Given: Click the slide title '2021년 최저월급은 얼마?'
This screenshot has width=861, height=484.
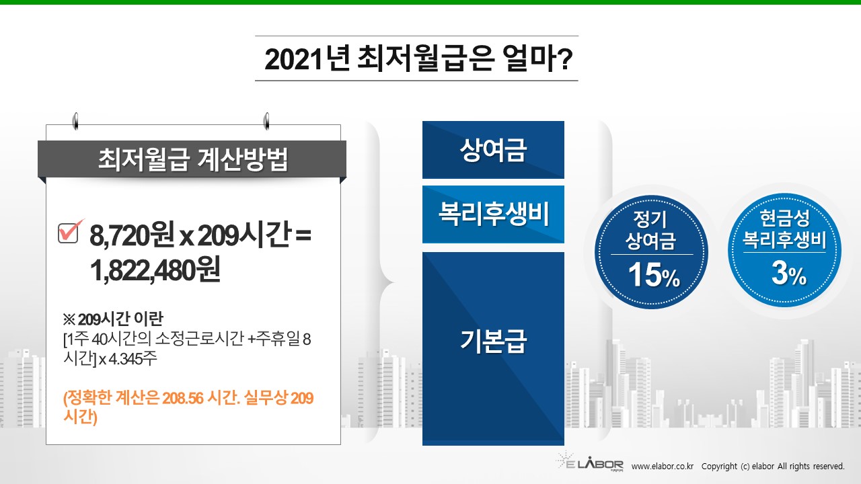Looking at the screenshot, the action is pos(418,58).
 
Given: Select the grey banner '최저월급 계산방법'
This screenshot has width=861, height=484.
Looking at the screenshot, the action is pos(192,159).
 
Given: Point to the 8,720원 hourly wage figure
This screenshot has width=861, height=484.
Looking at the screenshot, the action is pos(132,235).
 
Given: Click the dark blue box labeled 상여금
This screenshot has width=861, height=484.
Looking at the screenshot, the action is pos(493,150).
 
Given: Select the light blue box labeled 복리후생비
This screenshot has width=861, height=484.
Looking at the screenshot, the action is pos(493,214).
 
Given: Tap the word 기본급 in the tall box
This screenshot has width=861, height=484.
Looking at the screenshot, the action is pos(493,341).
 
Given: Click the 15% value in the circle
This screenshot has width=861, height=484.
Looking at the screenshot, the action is pos(654,275).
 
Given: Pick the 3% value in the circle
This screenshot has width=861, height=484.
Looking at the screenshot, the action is pos(789,273).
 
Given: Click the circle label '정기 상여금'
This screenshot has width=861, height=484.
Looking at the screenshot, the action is pos(650,230).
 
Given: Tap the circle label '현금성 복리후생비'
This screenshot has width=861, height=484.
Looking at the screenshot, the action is pos(784,229).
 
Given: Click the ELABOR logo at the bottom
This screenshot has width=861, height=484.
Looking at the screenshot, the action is pos(590,461).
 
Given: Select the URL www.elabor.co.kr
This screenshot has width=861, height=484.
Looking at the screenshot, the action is pos(663,467).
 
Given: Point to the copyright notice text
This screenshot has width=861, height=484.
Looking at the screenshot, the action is pos(773,467).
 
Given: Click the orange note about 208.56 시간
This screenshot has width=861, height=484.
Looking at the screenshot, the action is pos(188,407).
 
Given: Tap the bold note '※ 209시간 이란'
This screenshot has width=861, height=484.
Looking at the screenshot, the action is pos(113,319).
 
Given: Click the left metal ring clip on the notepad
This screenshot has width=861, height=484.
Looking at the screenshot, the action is pos(76,121).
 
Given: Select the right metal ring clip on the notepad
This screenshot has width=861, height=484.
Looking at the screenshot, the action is pos(266,121).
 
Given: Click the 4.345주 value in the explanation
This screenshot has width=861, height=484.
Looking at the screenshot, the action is pos(133,359).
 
